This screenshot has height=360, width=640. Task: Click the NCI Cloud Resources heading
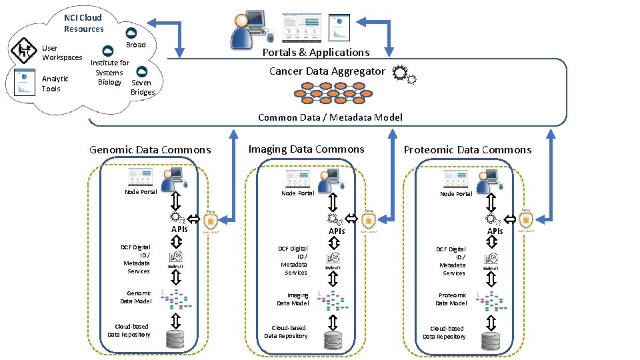click(83, 23)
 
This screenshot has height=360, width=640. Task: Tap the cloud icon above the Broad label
click(131, 33)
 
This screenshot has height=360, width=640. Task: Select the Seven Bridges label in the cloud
click(141, 87)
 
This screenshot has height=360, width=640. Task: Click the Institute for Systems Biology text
click(109, 72)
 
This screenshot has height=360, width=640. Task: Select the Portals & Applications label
click(315, 52)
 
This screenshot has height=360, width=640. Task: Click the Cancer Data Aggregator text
click(327, 71)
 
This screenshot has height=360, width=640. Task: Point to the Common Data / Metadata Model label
click(330, 117)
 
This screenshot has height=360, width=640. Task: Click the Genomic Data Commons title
click(150, 150)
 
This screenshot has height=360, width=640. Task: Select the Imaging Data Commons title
click(306, 149)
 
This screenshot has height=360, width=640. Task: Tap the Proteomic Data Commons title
click(467, 150)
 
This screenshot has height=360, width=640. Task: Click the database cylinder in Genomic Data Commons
click(175, 339)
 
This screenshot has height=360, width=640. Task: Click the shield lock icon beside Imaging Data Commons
click(368, 221)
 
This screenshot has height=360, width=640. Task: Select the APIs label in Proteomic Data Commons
click(495, 231)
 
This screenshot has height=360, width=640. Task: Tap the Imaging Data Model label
click(293, 299)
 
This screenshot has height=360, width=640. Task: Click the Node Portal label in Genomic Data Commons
click(141, 192)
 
